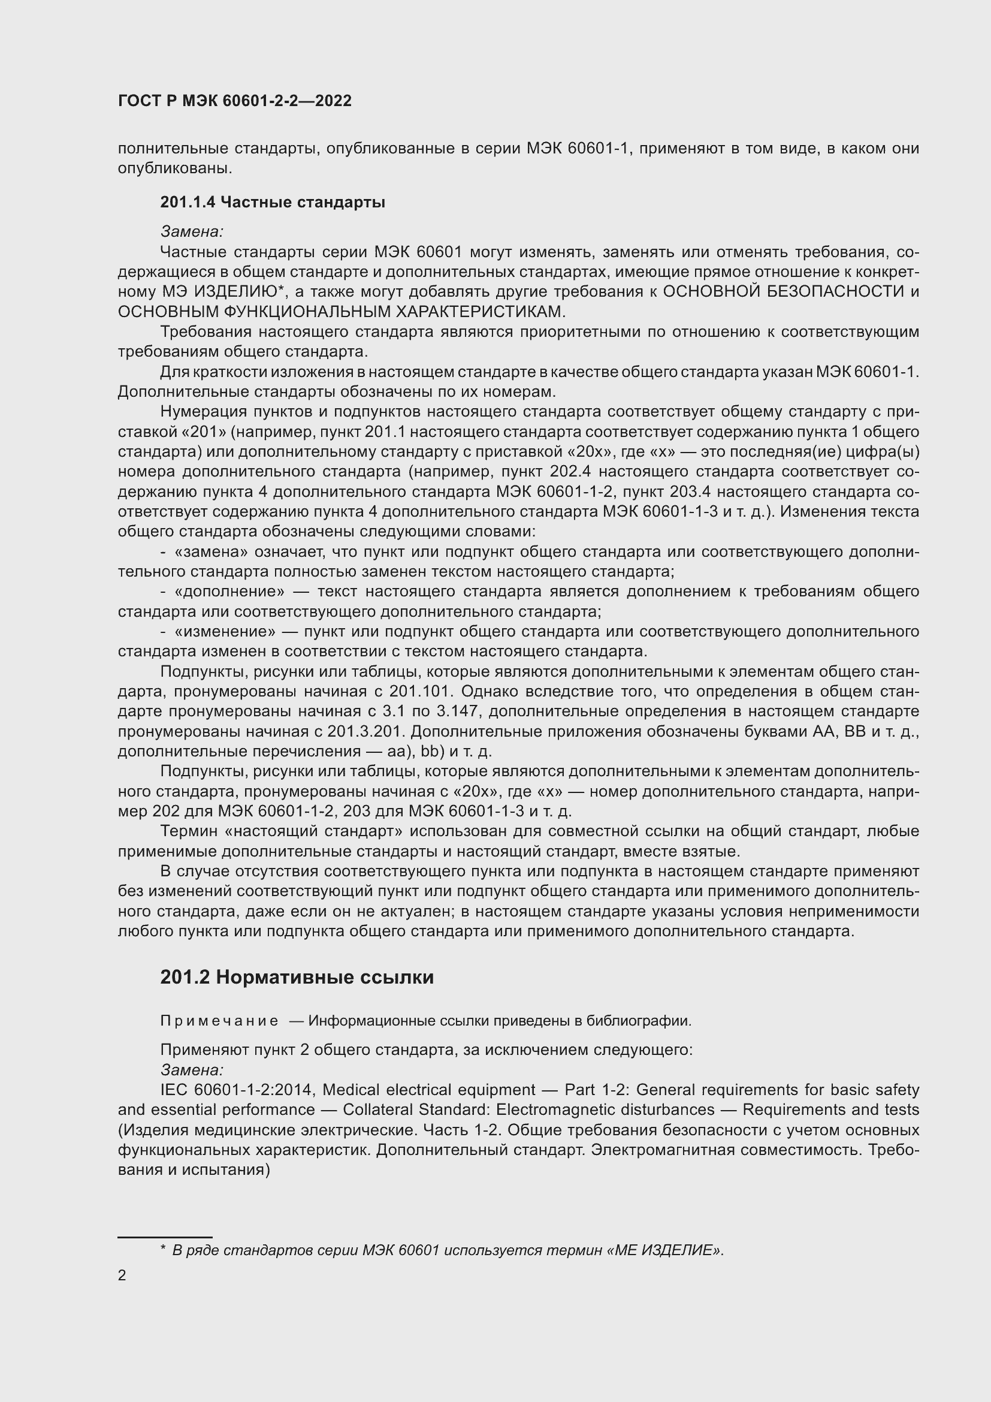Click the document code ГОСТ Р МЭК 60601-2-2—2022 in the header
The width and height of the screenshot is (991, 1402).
pyautogui.click(x=235, y=101)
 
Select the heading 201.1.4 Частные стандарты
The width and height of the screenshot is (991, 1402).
pyautogui.click(x=272, y=202)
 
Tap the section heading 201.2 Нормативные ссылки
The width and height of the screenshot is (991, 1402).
pyautogui.click(x=297, y=977)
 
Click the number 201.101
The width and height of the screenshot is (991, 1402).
pyautogui.click(x=421, y=691)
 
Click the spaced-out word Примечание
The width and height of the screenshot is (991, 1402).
pyautogui.click(x=219, y=1020)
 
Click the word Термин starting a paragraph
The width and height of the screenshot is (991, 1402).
pyautogui.click(x=189, y=831)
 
